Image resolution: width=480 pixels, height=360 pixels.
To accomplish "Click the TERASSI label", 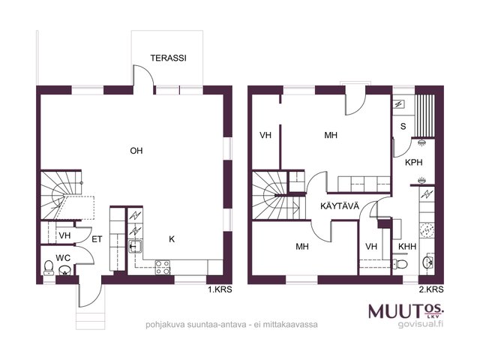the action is click(168, 58).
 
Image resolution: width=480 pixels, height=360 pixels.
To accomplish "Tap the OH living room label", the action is click(136, 151).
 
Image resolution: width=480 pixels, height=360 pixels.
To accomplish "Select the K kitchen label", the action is click(172, 239).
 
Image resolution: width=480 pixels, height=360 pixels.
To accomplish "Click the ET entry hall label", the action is click(97, 239).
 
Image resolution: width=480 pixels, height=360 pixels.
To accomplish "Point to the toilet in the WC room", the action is click(48, 268).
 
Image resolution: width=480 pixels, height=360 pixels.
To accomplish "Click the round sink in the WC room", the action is click(64, 270).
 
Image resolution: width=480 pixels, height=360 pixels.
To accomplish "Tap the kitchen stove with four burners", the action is click(163, 267).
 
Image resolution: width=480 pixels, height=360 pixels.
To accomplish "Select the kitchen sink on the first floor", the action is click(135, 247).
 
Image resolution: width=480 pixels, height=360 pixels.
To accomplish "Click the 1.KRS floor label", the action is click(220, 289).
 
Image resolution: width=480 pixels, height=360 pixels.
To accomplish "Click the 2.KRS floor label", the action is click(431, 289).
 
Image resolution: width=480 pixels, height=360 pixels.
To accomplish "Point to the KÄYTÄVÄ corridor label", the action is click(340, 206).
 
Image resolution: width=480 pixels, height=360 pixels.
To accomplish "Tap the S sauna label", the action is click(403, 126).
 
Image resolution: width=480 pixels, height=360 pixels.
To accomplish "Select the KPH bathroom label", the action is click(413, 162).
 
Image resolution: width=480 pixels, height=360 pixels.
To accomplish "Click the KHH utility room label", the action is click(407, 247).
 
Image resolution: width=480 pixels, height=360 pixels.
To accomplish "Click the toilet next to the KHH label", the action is click(400, 263).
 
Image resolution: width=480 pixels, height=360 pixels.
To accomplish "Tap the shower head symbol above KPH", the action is click(421, 142).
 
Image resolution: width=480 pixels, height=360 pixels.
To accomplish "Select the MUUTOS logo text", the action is click(406, 311).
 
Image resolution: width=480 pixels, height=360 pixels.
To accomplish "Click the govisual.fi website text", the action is click(421, 324).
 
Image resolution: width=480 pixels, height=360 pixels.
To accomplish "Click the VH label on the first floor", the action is click(64, 235).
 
